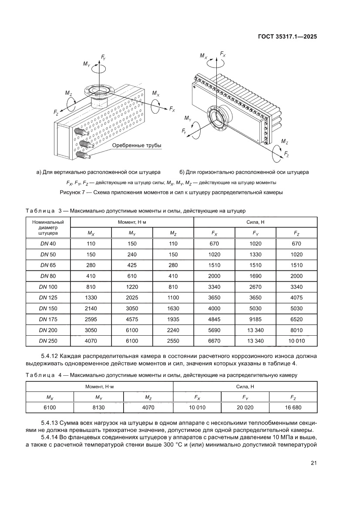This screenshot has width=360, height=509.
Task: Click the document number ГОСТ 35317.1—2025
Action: click(287, 37)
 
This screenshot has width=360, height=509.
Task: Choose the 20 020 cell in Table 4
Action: click(245, 408)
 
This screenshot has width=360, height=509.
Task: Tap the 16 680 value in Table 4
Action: click(293, 408)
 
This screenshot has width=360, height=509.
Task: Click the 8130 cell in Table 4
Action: click(99, 408)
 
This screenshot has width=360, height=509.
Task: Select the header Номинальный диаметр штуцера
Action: click(48, 227)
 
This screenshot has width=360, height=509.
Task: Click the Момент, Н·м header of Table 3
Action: click(131, 222)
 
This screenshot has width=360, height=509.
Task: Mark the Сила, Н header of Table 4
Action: click(245, 386)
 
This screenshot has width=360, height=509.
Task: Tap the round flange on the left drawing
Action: click(99, 91)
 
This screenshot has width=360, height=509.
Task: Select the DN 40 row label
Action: click(48, 244)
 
